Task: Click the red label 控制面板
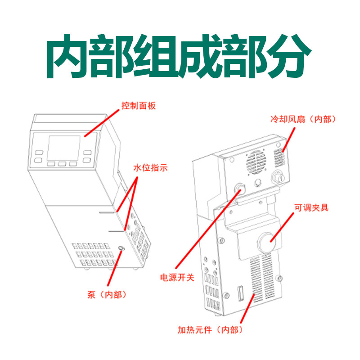point(138,106)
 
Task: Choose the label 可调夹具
point(311,207)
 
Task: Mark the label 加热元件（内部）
point(211,330)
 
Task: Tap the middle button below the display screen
point(62,164)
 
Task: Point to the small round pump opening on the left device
point(121,249)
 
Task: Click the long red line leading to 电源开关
point(207,229)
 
